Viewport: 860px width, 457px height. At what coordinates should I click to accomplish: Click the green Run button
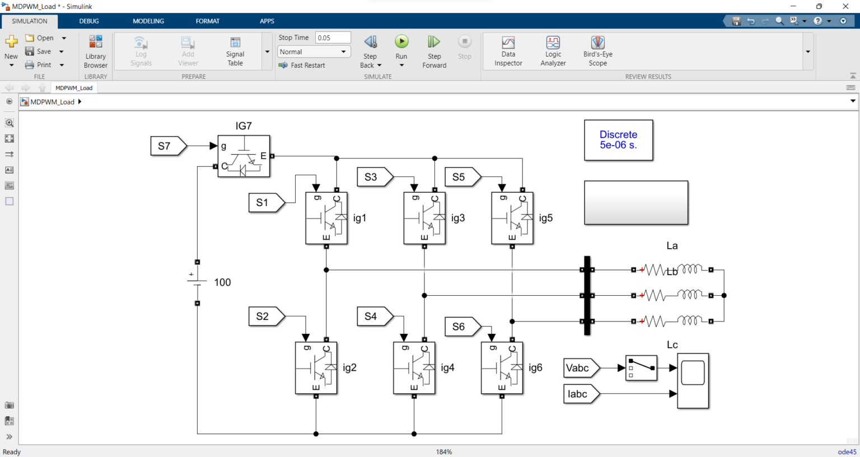point(401,41)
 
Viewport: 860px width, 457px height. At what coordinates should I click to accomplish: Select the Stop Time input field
point(333,38)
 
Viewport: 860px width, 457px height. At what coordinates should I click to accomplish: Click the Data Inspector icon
point(508,43)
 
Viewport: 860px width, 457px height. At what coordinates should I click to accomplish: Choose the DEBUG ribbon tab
point(89,21)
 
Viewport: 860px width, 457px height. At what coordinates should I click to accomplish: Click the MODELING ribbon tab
point(148,21)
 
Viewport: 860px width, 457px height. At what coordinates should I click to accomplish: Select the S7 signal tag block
point(169,146)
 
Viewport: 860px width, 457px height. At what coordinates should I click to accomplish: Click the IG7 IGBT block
point(244,156)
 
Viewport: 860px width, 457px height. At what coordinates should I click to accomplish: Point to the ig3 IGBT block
point(424,218)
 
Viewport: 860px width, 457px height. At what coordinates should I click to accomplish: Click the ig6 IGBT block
point(502,368)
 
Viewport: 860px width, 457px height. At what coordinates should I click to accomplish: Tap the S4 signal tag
point(375,316)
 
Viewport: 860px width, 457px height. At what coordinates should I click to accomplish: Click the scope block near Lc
point(693,381)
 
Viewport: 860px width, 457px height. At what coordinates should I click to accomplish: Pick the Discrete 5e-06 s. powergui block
point(619,140)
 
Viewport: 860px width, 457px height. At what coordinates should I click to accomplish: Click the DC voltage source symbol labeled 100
point(197,282)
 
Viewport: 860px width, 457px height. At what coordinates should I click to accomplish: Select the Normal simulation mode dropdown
point(314,52)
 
